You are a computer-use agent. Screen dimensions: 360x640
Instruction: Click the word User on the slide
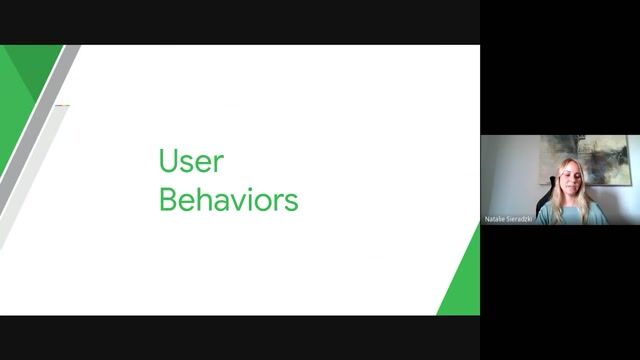tap(191, 161)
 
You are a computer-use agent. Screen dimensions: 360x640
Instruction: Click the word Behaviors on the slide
tap(228, 199)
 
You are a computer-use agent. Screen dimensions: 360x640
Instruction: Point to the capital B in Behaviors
tap(167, 199)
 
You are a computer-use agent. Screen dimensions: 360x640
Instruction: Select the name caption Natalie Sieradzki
tap(508, 217)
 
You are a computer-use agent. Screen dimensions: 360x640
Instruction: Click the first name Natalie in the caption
tap(495, 217)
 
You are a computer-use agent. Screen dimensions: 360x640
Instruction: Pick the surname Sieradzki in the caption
tap(520, 217)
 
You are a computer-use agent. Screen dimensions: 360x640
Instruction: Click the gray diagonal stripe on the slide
tap(40, 150)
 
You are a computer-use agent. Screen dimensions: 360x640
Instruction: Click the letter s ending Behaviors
tap(292, 201)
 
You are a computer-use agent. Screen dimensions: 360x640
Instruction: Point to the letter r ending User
tap(219, 163)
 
